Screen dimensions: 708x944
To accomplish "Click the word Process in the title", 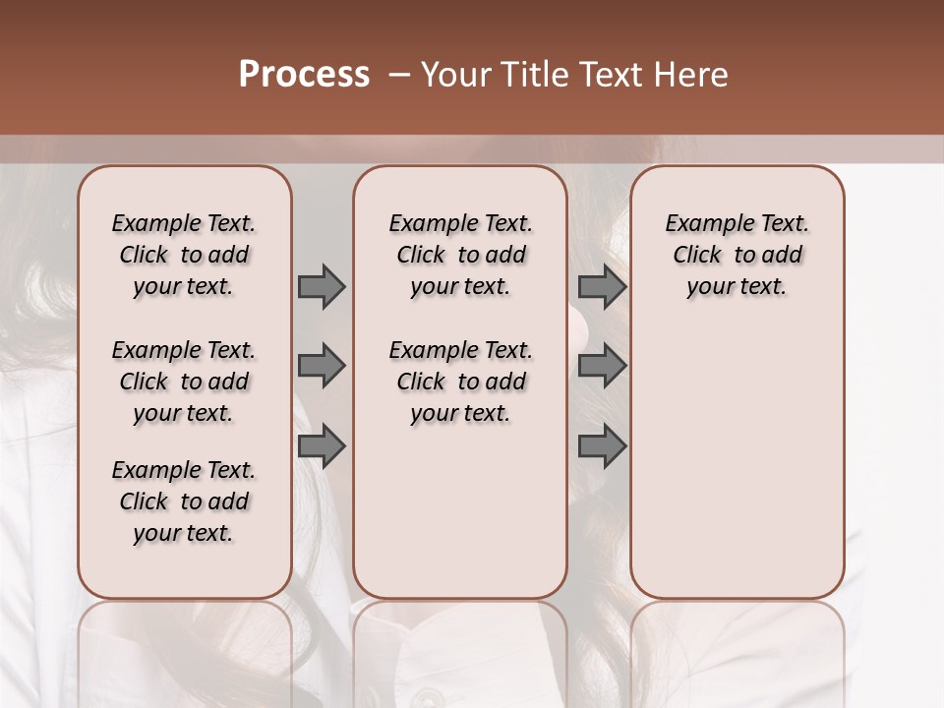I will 304,75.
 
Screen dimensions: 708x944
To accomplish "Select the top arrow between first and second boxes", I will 322,286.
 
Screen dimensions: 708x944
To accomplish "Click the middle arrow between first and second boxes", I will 322,366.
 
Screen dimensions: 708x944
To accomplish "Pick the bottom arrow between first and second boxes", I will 322,446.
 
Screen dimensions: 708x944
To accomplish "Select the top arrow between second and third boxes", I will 602,286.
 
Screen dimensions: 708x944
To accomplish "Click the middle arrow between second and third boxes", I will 602,366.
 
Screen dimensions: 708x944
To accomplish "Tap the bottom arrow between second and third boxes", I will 602,446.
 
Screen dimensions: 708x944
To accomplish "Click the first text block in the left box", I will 184,255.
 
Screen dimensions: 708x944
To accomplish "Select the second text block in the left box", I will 184,382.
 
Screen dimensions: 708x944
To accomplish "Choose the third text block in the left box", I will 184,501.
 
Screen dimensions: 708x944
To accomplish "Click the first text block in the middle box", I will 460,255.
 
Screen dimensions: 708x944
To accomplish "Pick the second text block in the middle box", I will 460,382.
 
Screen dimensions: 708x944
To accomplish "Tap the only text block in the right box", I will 737,255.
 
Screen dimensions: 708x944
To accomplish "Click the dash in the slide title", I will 399,75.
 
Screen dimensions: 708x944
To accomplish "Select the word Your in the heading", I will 455,75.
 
